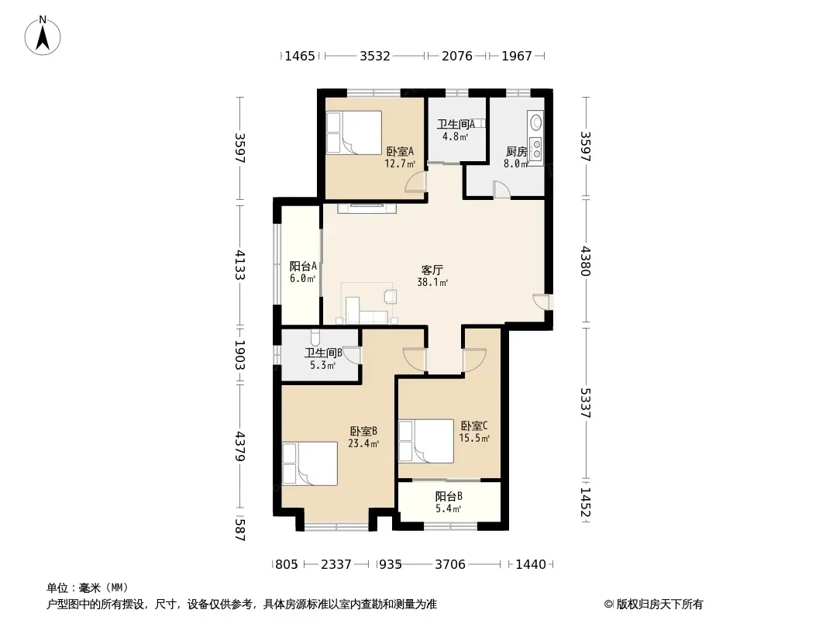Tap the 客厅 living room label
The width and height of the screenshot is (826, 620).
(432, 270)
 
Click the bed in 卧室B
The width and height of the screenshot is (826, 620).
(310, 463)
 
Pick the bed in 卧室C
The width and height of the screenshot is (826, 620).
(426, 442)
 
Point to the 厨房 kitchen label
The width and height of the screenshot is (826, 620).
(516, 152)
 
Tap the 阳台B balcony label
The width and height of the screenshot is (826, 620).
(449, 496)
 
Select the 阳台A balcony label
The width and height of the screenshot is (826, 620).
(303, 267)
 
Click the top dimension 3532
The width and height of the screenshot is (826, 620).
(374, 56)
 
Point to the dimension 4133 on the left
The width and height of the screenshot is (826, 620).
(240, 265)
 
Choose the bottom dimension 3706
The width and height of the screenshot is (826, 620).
(450, 565)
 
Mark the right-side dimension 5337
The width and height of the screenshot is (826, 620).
(585, 403)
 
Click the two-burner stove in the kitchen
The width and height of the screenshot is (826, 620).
(535, 149)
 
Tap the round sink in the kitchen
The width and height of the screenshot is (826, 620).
(535, 122)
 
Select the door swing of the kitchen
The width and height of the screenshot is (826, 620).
(501, 190)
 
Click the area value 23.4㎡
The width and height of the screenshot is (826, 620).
(363, 443)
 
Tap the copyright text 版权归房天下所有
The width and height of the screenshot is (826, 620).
(659, 604)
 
